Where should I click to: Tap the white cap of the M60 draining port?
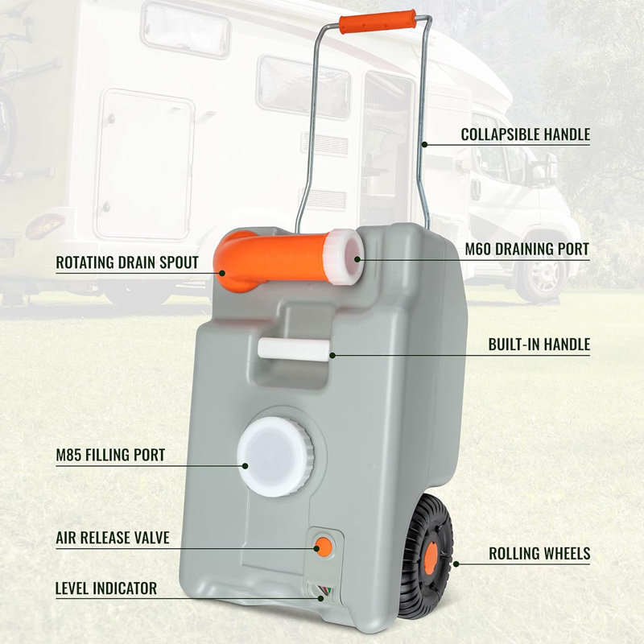click(344, 258)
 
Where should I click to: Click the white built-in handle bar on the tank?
click(294, 350)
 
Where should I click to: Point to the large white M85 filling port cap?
click(275, 456)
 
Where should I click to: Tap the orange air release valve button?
click(324, 547)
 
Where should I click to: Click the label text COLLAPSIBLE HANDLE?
click(526, 134)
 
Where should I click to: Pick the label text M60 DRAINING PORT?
click(527, 249)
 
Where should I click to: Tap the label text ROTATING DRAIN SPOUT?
click(127, 262)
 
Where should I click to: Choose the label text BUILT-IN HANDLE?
click(539, 345)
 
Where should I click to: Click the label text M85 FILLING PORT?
click(110, 455)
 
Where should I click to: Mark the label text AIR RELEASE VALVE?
click(113, 538)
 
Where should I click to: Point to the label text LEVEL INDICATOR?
click(106, 588)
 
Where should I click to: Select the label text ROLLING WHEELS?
click(539, 554)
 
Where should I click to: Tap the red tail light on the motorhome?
click(45, 225)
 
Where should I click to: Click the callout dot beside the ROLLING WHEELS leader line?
click(456, 564)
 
